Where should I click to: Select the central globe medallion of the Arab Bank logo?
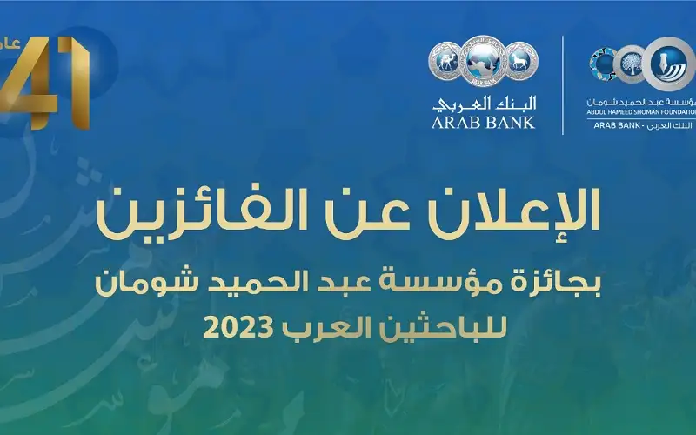coord(483,64)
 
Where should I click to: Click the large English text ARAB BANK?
coord(483,122)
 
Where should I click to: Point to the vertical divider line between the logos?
coord(563,84)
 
